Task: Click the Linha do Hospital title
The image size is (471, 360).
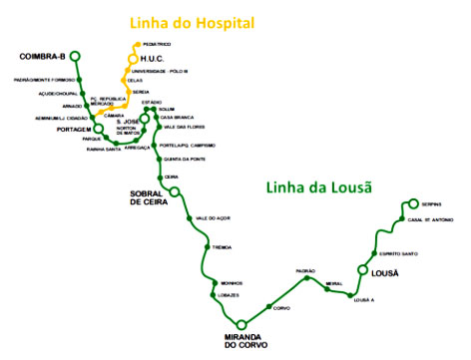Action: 203,22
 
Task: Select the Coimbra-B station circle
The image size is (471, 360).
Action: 76,57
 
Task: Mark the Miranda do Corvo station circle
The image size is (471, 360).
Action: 240,325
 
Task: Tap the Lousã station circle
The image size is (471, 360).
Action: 363,270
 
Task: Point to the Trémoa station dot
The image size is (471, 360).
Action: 208,246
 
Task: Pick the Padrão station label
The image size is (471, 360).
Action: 305,270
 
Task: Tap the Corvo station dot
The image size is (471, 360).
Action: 269,304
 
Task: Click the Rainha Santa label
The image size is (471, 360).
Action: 106,150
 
